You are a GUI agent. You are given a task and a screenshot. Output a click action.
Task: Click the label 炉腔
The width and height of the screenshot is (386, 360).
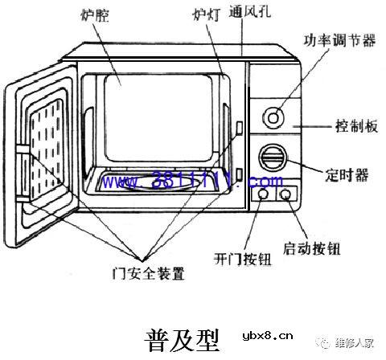click(x=96, y=15)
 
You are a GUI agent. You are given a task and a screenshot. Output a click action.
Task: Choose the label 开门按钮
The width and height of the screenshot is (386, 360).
click(x=242, y=259)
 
